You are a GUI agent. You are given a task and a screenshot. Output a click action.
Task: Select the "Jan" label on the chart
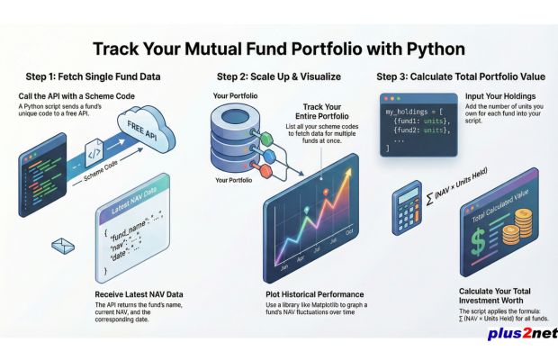(x=284, y=266)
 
